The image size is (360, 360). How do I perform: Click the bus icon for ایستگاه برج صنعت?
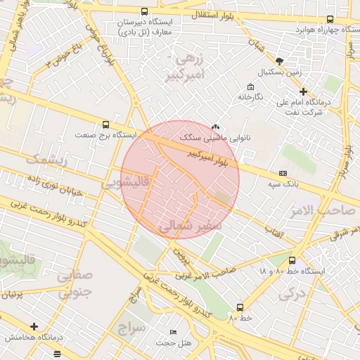coord(105,124)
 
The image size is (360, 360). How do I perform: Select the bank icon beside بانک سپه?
coord(283,173)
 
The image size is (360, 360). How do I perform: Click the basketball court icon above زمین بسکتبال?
coord(279,61)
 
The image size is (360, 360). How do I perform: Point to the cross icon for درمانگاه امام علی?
coord(303,91)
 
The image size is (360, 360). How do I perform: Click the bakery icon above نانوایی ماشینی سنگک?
coord(214,127)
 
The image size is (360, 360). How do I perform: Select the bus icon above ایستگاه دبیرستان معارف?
coord(144,11)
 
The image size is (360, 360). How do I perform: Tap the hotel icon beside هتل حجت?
coord(174,331)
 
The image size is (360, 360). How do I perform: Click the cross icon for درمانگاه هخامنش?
coord(34,326)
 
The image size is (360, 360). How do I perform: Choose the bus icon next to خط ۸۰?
coord(240,307)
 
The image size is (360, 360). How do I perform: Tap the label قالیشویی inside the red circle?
coord(126,184)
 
